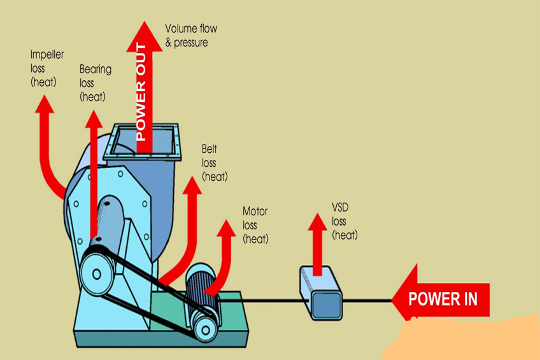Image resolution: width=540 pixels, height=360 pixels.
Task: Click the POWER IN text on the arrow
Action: tap(443, 299)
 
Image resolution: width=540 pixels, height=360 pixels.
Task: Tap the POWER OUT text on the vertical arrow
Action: tap(141, 92)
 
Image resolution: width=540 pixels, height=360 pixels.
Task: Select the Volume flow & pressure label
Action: tap(191, 35)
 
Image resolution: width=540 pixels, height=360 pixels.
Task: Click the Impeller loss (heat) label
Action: tap(47, 68)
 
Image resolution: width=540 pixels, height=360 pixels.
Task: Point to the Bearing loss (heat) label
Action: tap(96, 83)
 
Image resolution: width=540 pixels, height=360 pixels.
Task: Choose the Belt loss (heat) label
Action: tap(215, 162)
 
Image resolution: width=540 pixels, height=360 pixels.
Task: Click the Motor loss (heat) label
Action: tap(255, 225)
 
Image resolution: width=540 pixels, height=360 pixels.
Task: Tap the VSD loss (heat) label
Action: tap(345, 221)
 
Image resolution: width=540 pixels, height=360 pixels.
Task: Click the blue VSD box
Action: tap(321, 293)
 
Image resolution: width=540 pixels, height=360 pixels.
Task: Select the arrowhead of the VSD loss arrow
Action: tap(317, 222)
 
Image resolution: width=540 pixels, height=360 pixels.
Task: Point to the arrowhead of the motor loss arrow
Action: tap(226, 228)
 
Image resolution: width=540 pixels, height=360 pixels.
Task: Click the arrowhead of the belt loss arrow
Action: tap(192, 185)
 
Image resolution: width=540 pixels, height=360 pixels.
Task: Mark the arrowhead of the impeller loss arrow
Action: tap(45, 104)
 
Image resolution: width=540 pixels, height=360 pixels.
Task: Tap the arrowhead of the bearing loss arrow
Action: tap(94, 119)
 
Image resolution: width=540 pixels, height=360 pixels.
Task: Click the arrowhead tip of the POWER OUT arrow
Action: tap(145, 22)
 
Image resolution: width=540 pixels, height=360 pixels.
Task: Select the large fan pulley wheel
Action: tap(97, 274)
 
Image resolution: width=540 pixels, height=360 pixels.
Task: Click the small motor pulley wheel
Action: tap(205, 329)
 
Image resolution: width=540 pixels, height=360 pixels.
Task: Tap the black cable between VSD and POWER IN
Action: tap(367, 301)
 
